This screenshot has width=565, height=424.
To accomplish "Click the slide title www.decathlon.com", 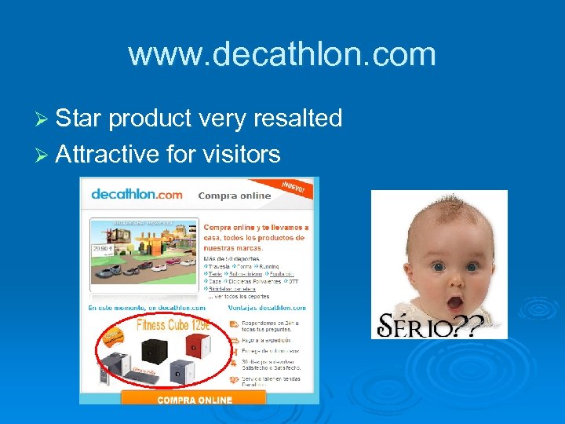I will click(282, 54).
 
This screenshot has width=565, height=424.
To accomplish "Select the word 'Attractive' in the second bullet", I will click(108, 154).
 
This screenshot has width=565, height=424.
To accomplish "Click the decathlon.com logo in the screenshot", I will click(137, 194).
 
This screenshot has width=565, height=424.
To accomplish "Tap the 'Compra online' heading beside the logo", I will click(234, 196).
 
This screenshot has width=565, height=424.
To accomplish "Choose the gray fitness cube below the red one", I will click(182, 371).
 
